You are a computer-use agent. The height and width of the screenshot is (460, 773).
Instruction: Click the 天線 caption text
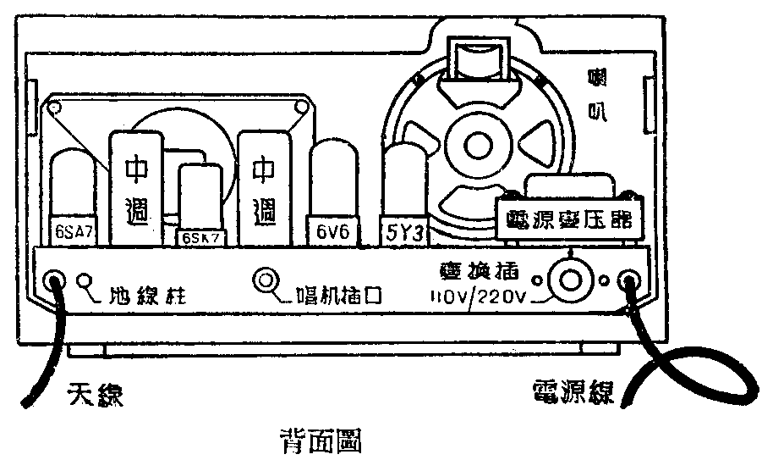[x=94, y=395]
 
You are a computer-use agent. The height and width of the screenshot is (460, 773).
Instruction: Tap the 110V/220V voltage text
[x=478, y=298]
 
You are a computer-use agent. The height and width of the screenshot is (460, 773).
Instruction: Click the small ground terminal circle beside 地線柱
[x=86, y=281]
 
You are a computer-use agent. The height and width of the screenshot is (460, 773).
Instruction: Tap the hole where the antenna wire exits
[x=56, y=281]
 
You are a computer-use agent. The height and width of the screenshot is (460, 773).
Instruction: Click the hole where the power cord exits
[x=630, y=281]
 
